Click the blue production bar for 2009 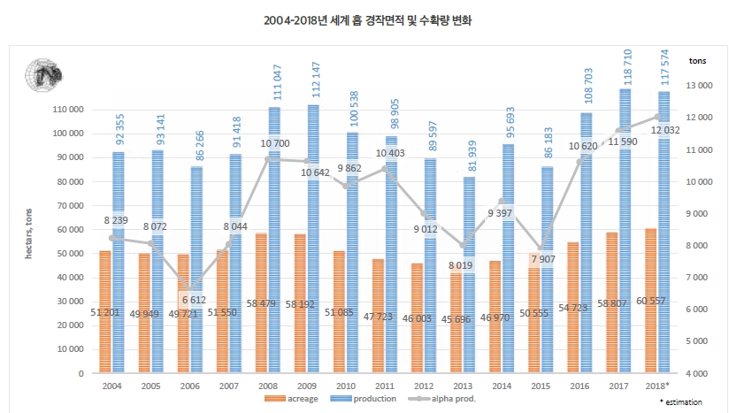(313, 239)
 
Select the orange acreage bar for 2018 (651, 301)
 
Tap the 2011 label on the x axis (386, 387)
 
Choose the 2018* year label (658, 387)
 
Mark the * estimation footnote (687, 403)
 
